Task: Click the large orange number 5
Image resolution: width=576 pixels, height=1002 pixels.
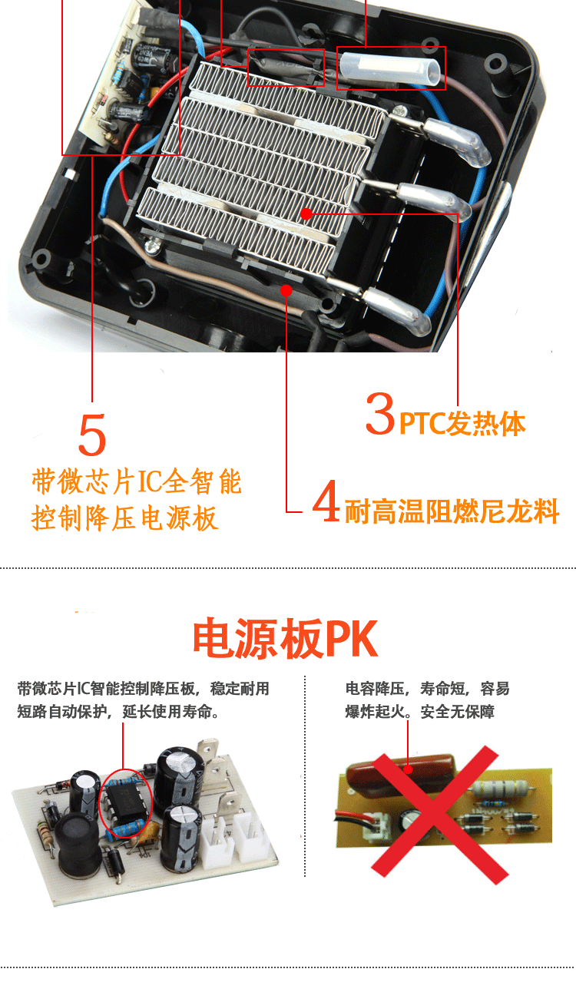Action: (92, 434)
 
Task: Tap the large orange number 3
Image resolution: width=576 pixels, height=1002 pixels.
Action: (380, 413)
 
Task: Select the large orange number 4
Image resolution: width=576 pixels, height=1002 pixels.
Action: (326, 501)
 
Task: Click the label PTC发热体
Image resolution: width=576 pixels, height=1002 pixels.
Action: (462, 423)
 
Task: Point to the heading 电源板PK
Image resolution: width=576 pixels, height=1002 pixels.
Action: (285, 638)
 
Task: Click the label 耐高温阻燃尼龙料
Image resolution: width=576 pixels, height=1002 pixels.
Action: (452, 511)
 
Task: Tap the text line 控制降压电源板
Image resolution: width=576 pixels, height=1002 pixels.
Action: (125, 518)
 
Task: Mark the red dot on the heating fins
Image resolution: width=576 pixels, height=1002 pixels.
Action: (306, 213)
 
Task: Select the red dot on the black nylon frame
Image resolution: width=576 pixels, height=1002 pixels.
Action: (286, 291)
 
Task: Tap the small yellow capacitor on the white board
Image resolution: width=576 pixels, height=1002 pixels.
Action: (147, 832)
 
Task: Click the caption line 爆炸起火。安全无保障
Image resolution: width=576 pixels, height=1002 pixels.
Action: (419, 711)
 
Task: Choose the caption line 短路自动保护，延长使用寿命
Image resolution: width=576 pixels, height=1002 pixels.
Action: (118, 711)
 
